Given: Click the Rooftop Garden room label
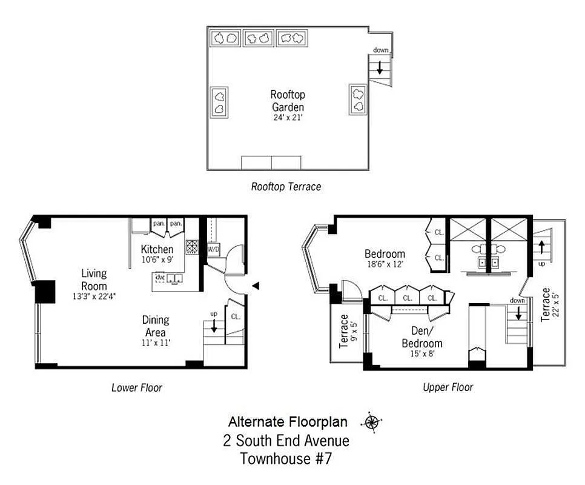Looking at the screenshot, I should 288,101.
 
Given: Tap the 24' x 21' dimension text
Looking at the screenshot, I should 288,118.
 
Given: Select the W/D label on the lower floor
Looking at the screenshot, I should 213,249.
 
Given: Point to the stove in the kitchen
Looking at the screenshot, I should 192,247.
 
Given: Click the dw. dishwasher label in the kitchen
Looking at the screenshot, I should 160,277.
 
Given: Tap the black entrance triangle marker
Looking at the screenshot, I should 256,286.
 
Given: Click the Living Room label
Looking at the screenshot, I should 94,280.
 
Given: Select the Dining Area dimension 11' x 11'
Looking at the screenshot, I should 156,343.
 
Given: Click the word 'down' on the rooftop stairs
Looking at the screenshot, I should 381,50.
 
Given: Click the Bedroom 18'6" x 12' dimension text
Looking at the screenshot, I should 384,264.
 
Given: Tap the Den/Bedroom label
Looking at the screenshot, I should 421,338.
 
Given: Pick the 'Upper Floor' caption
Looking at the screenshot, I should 448,387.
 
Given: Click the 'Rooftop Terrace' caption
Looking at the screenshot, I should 286,187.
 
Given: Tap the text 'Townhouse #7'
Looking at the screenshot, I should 286,458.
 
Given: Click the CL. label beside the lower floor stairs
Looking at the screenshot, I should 235,316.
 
